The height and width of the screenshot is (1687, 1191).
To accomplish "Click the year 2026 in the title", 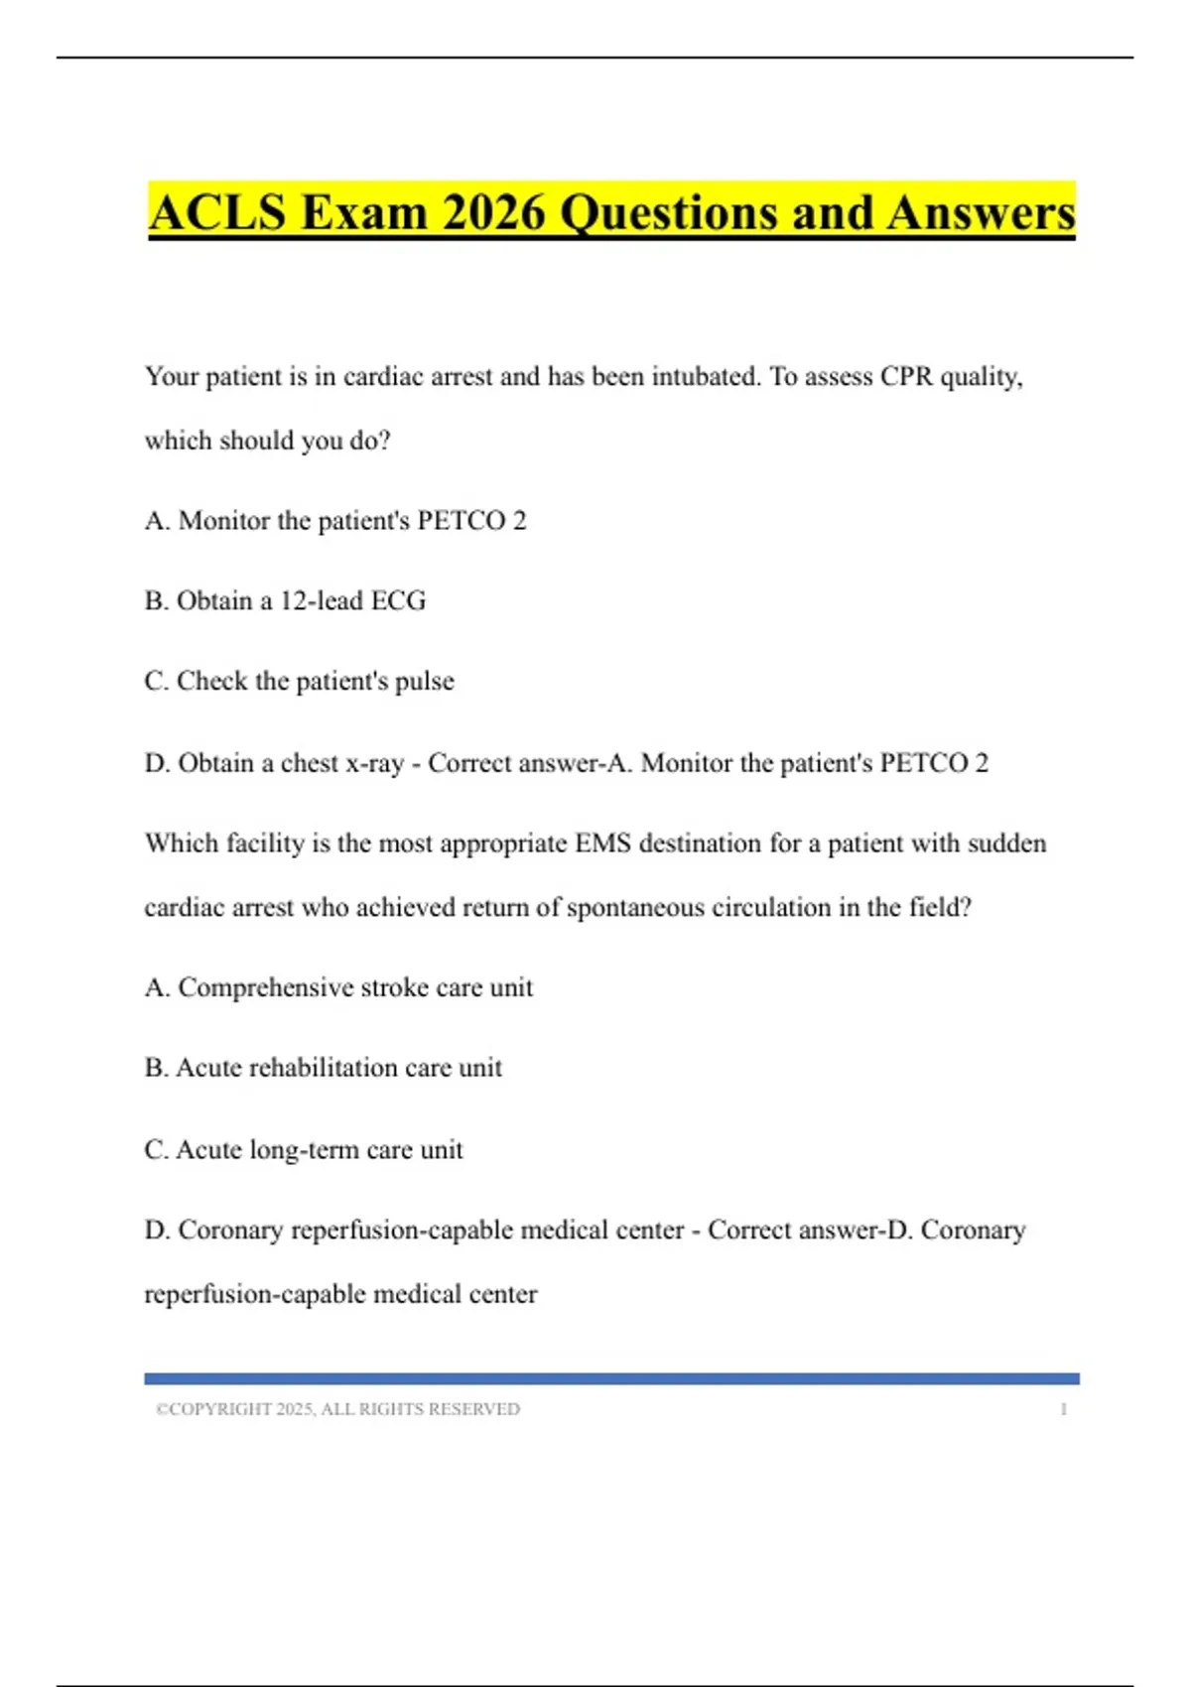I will point(493,213).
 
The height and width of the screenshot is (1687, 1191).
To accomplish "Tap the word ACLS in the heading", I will point(217,213).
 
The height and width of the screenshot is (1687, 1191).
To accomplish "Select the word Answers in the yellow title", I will point(981,213).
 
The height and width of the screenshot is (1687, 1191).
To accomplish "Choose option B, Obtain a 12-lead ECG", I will point(285,601).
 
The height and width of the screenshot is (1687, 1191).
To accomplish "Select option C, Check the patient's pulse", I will point(299,682).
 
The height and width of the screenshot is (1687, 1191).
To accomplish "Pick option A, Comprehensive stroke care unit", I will point(338,988).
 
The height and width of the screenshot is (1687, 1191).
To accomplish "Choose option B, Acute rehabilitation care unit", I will point(323,1069).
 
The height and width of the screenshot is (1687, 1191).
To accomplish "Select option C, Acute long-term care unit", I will point(304,1150).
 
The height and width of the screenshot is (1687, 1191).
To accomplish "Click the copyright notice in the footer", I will point(337,1409).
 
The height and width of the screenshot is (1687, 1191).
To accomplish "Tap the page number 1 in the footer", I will point(1063,1409).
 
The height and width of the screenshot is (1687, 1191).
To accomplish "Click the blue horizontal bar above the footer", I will point(611,1378).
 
